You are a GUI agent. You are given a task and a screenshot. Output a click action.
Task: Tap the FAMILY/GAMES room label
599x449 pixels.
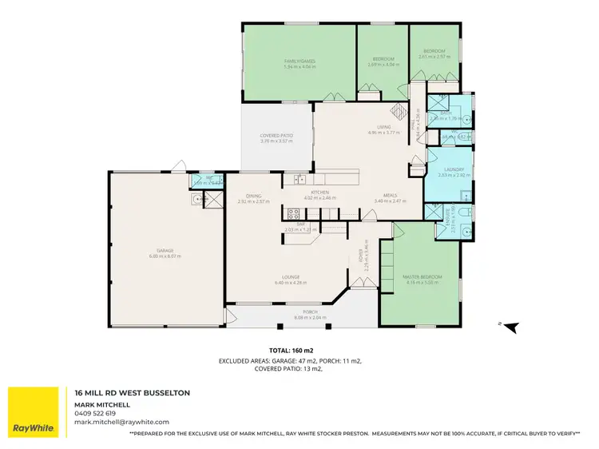[x=299, y=61]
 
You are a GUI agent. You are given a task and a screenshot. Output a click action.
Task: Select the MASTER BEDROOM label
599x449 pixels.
[x=422, y=276]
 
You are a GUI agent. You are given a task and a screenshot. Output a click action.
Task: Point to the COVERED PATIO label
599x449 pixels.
[x=276, y=136]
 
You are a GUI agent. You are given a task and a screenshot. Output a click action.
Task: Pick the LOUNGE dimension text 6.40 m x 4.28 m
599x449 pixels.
[x=291, y=282]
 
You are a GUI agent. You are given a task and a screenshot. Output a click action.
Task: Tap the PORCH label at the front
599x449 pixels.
[x=310, y=312]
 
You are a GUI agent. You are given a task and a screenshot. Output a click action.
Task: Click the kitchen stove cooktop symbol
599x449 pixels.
[x=292, y=213]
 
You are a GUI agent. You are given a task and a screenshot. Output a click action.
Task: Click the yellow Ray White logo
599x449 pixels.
[x=33, y=412]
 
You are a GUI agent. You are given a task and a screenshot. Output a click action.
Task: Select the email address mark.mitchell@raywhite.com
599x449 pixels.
[x=121, y=421]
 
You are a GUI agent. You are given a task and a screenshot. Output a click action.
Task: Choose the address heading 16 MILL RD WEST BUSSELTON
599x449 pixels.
[x=132, y=394]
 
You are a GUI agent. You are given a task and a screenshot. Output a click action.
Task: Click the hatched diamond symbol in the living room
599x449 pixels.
[x=397, y=113]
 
